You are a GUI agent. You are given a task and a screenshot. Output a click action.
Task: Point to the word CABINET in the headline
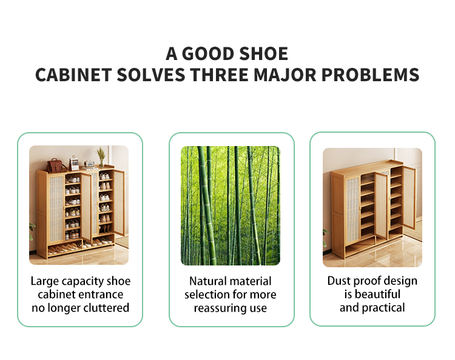click(x=71, y=75)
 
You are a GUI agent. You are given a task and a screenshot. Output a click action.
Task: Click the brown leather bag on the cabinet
click(x=57, y=165)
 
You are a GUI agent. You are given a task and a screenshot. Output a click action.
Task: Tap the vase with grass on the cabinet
click(x=101, y=158)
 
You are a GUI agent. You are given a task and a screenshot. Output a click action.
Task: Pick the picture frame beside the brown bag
click(x=75, y=163)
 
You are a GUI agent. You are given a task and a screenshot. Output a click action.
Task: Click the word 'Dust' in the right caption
click(x=340, y=281)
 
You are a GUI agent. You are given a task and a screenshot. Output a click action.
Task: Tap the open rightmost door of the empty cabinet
click(x=409, y=197)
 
